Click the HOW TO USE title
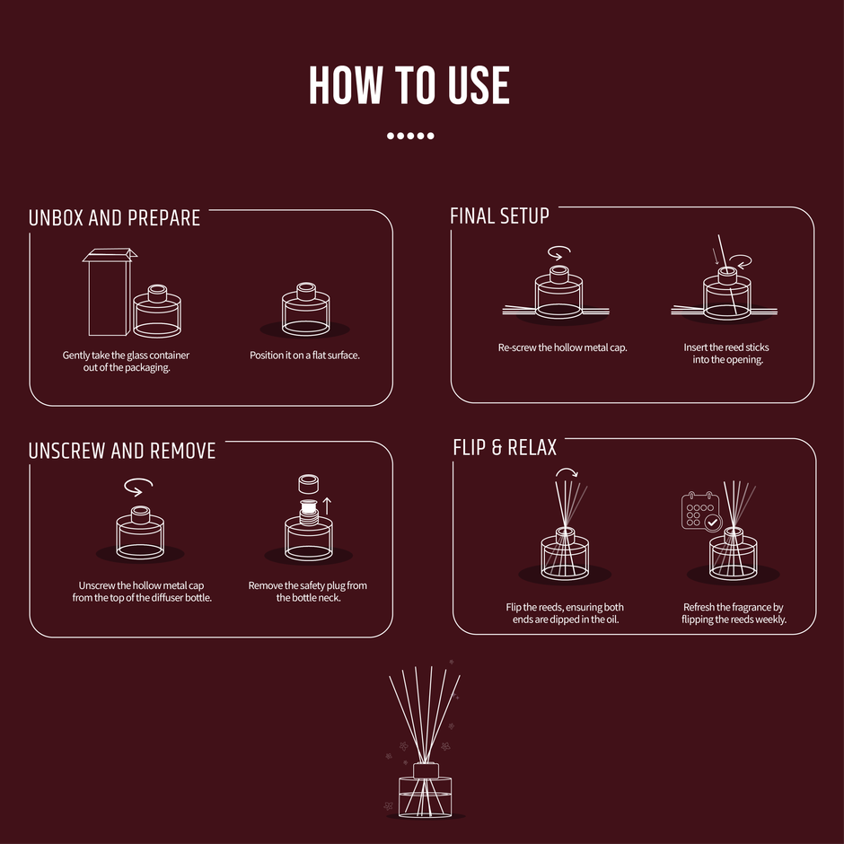[x=409, y=85]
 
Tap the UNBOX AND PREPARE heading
[x=114, y=218]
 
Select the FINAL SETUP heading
[x=499, y=215]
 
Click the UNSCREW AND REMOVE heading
[x=122, y=451]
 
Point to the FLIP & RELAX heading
[x=505, y=447]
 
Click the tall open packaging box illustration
[x=109, y=292]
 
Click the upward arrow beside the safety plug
[x=326, y=506]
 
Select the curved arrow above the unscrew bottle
[x=137, y=487]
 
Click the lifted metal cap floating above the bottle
[x=309, y=484]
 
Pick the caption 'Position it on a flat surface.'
[x=304, y=356]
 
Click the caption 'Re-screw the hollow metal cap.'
[x=562, y=347]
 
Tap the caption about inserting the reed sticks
[x=726, y=353]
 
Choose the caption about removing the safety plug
[x=308, y=592]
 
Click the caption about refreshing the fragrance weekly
[x=734, y=613]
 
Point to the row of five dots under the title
[x=410, y=136]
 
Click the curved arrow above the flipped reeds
[x=567, y=472]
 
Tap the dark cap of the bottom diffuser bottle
[x=426, y=770]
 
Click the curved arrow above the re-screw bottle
[x=559, y=253]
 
